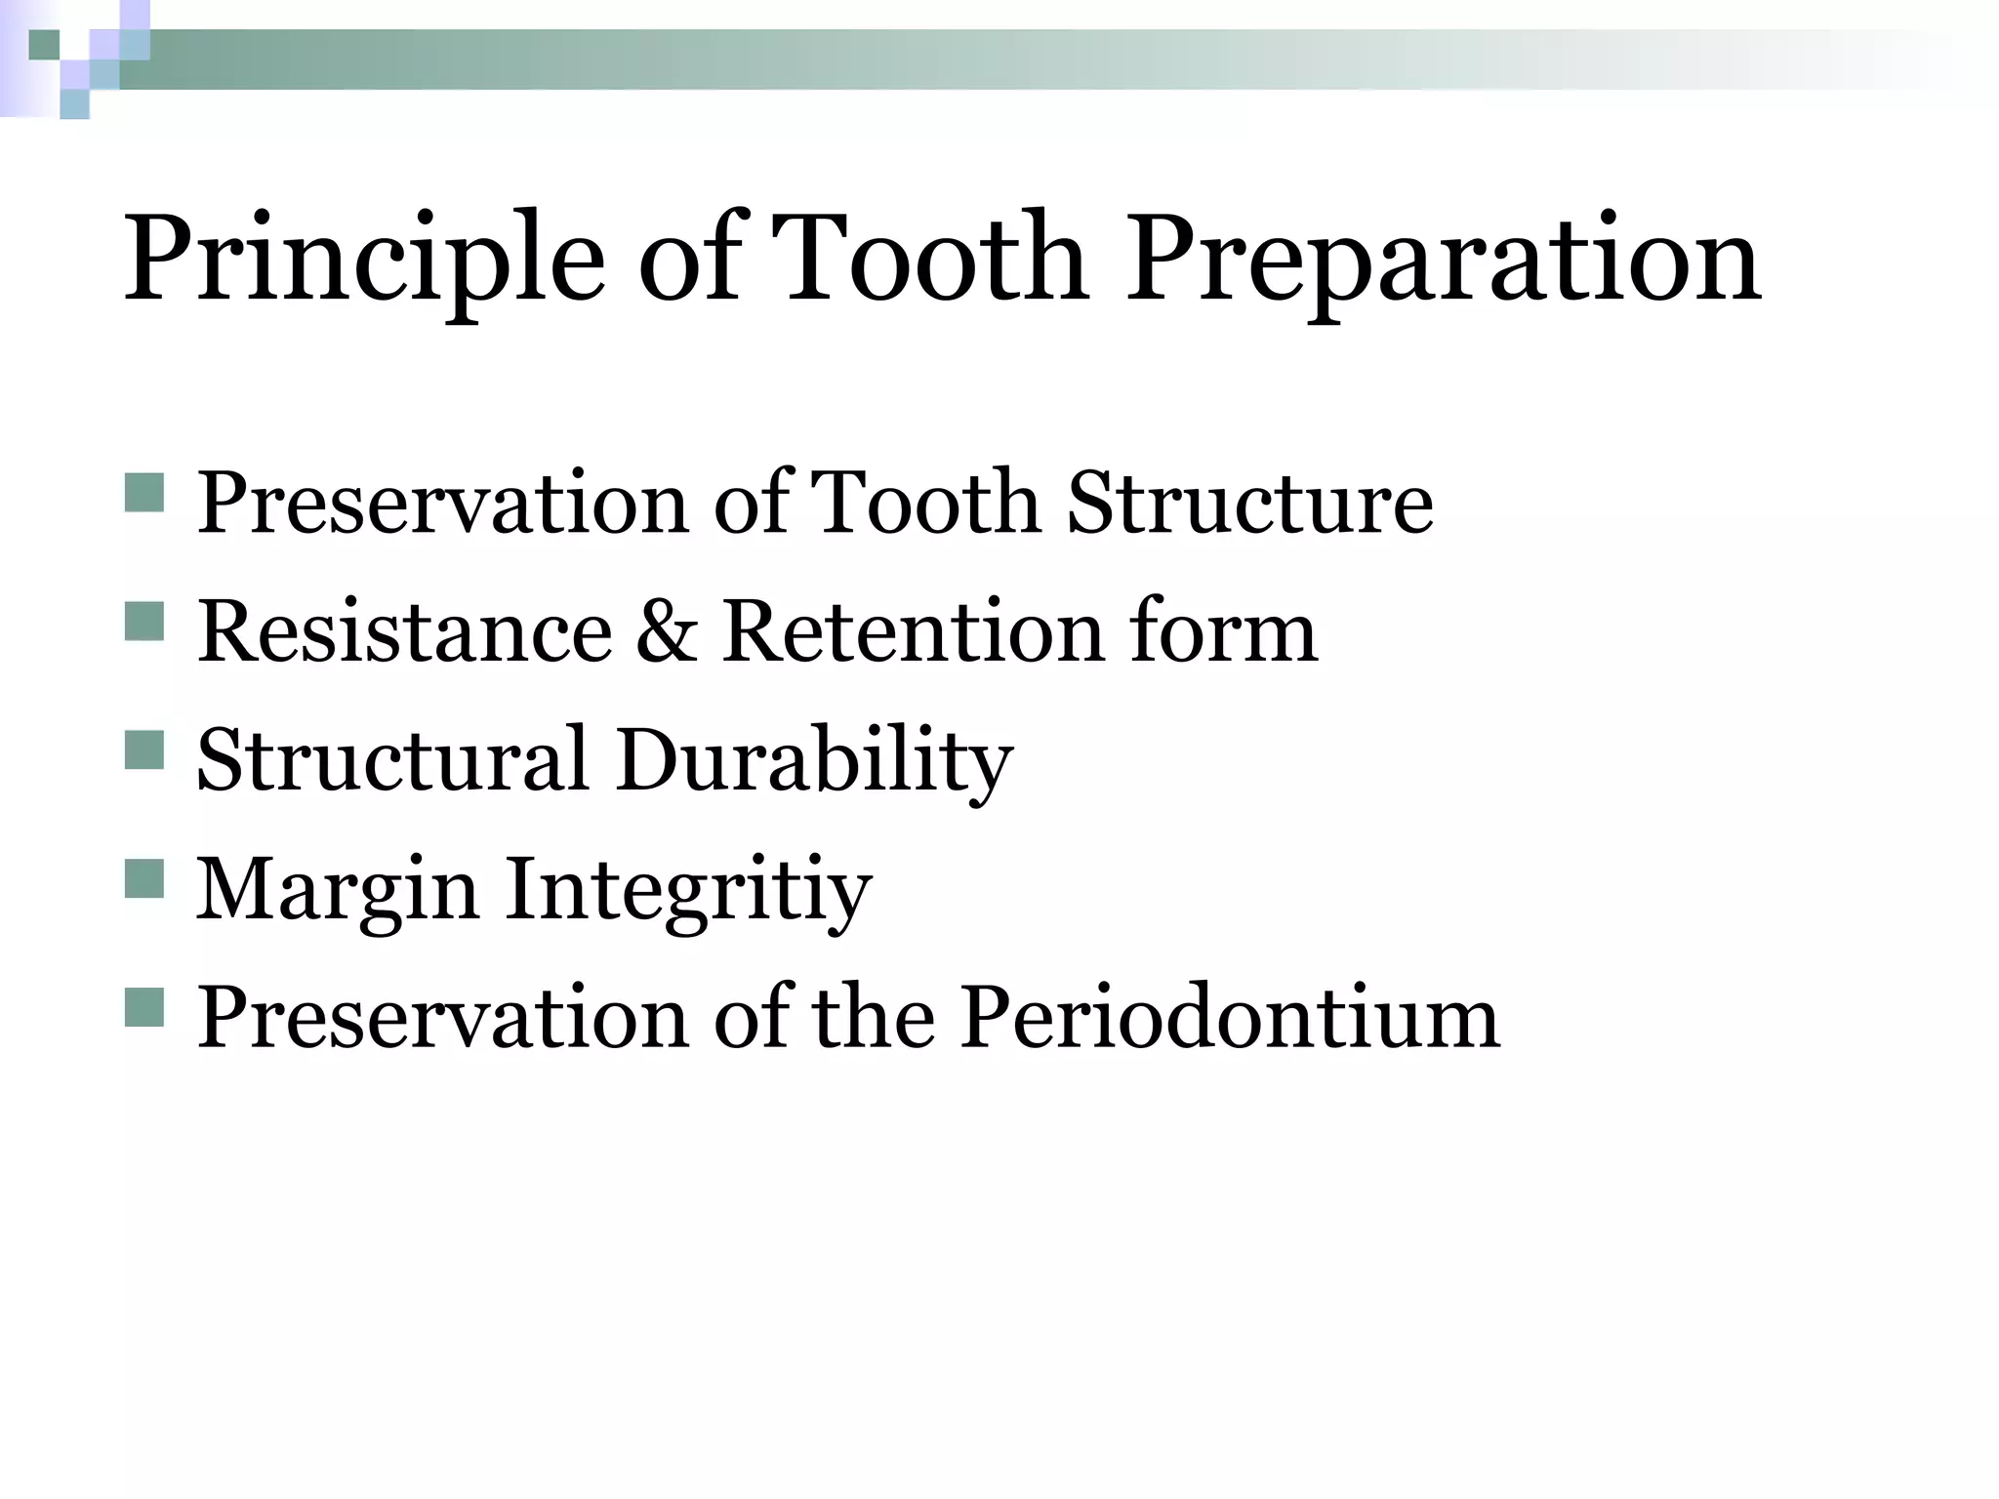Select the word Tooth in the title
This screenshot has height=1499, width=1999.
pos(933,259)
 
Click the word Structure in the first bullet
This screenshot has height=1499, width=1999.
pos(1250,504)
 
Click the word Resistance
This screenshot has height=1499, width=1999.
pos(405,632)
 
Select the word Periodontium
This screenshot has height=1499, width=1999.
pos(1229,1018)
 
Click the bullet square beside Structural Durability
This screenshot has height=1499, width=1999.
pos(144,749)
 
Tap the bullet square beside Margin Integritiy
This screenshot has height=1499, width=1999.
pos(144,878)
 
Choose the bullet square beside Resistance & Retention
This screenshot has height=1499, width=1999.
pos(144,621)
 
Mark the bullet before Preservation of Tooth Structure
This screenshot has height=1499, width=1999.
pos(144,492)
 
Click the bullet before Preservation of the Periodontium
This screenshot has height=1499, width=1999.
pos(144,1006)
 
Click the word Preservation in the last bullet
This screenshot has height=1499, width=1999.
pos(444,1018)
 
